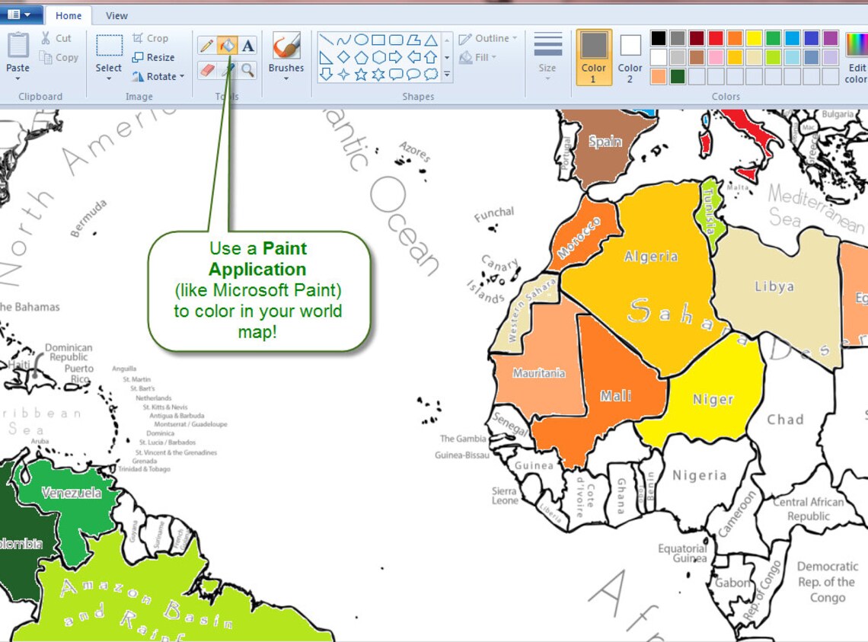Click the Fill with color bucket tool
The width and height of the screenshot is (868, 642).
click(227, 46)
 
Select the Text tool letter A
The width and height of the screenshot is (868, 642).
click(248, 46)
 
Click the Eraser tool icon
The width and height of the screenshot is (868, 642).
click(206, 70)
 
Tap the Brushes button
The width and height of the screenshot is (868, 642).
click(286, 53)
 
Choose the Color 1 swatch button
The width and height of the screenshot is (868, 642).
click(594, 56)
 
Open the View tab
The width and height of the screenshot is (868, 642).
click(116, 15)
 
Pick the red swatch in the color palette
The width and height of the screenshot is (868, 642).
click(716, 38)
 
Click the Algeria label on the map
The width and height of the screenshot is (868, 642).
click(651, 257)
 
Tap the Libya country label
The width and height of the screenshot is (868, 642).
click(774, 287)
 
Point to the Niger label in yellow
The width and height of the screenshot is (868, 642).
click(713, 399)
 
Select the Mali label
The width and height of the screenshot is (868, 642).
click(615, 396)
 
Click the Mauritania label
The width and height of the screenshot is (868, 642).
click(539, 373)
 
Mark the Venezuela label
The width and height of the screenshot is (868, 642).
click(72, 493)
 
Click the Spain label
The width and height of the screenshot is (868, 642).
click(605, 142)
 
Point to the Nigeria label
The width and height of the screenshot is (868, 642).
click(699, 475)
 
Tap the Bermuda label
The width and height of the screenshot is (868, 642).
click(88, 219)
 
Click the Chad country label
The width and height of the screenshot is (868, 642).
click(785, 420)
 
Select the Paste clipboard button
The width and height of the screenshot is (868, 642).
click(18, 53)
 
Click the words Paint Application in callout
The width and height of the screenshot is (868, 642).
click(258, 259)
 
